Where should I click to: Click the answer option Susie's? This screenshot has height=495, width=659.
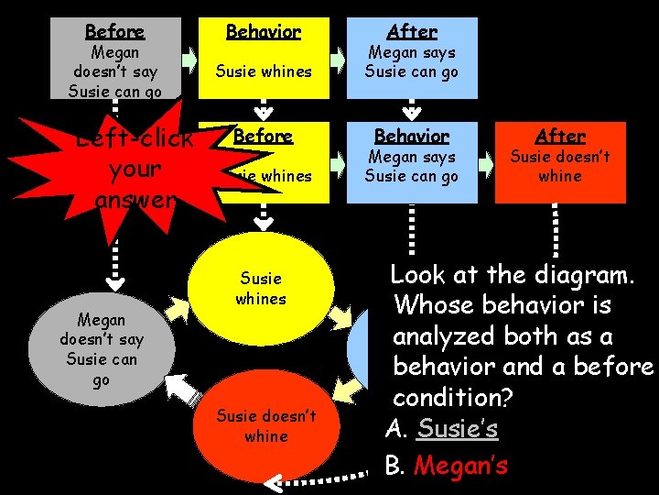pos(457,429)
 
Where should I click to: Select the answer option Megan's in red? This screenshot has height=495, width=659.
pos(460,466)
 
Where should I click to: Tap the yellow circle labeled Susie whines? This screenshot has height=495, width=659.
pos(261,289)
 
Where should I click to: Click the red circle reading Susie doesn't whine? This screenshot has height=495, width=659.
pos(265,426)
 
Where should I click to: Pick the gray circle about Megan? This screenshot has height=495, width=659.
pos(101,349)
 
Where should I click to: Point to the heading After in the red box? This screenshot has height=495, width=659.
pos(560,136)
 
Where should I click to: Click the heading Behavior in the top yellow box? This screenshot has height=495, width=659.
pos(263,31)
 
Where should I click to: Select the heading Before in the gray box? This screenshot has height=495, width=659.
pos(114,31)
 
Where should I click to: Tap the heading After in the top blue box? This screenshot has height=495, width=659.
pos(412,31)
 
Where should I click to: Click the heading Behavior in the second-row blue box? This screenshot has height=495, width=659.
pos(412,136)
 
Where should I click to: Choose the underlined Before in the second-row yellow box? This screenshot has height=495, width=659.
pos(263,136)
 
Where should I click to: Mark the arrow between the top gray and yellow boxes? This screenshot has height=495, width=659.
pos(189,60)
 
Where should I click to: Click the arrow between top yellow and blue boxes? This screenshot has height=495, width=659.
pos(338,60)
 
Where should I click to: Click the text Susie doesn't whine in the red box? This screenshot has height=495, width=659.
pos(560,165)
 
